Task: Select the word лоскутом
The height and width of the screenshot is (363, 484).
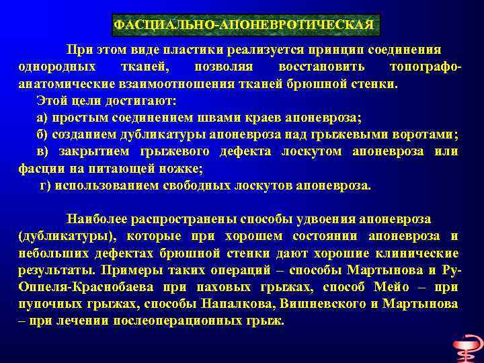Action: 312,151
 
